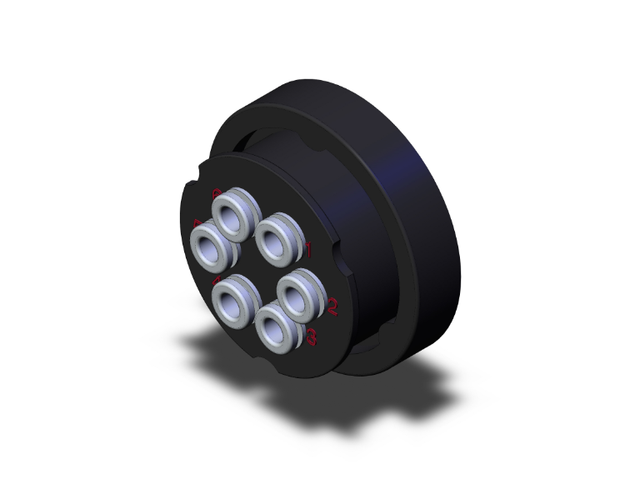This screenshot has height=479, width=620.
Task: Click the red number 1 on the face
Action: (307, 248)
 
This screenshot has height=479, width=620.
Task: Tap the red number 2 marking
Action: (332, 307)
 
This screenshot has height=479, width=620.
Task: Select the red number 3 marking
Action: (312, 337)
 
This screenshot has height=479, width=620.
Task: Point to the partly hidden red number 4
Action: (217, 280)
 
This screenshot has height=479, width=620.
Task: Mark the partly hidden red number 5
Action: (197, 223)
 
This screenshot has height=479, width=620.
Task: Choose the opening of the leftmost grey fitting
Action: (208, 244)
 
